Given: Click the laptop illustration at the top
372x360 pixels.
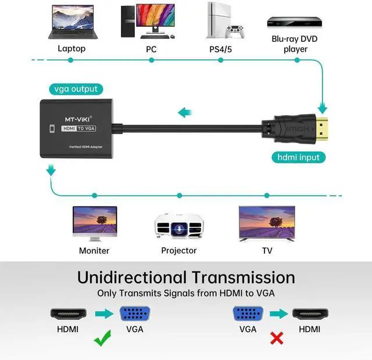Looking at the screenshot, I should coord(71,22).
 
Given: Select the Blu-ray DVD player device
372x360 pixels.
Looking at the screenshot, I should coord(295,22).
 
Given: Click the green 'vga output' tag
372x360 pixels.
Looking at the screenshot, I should coord(76,89).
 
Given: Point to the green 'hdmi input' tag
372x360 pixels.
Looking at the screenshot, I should coord(298,157).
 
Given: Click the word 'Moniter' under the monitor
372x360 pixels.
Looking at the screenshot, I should coord(94,251).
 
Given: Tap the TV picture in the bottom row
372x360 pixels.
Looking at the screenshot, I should coord(267,223).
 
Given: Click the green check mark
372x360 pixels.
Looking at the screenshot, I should coord(103,337).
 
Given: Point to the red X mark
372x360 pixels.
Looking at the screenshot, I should coord(277,337).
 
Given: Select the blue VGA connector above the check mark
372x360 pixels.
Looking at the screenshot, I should coord(135,314).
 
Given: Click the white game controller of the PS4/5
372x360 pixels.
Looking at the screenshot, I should coord(234,31).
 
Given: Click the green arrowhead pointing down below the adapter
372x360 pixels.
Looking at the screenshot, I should coord(51,170).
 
